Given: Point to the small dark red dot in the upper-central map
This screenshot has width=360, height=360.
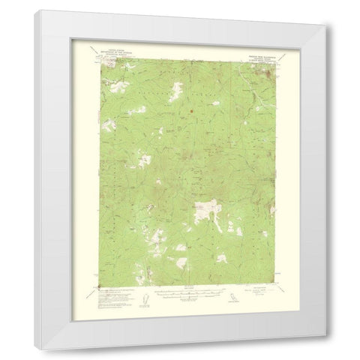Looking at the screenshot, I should [190, 113].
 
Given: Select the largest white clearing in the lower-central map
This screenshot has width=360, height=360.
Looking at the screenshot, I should [204, 208].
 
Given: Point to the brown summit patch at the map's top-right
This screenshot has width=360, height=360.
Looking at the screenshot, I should [268, 72].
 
